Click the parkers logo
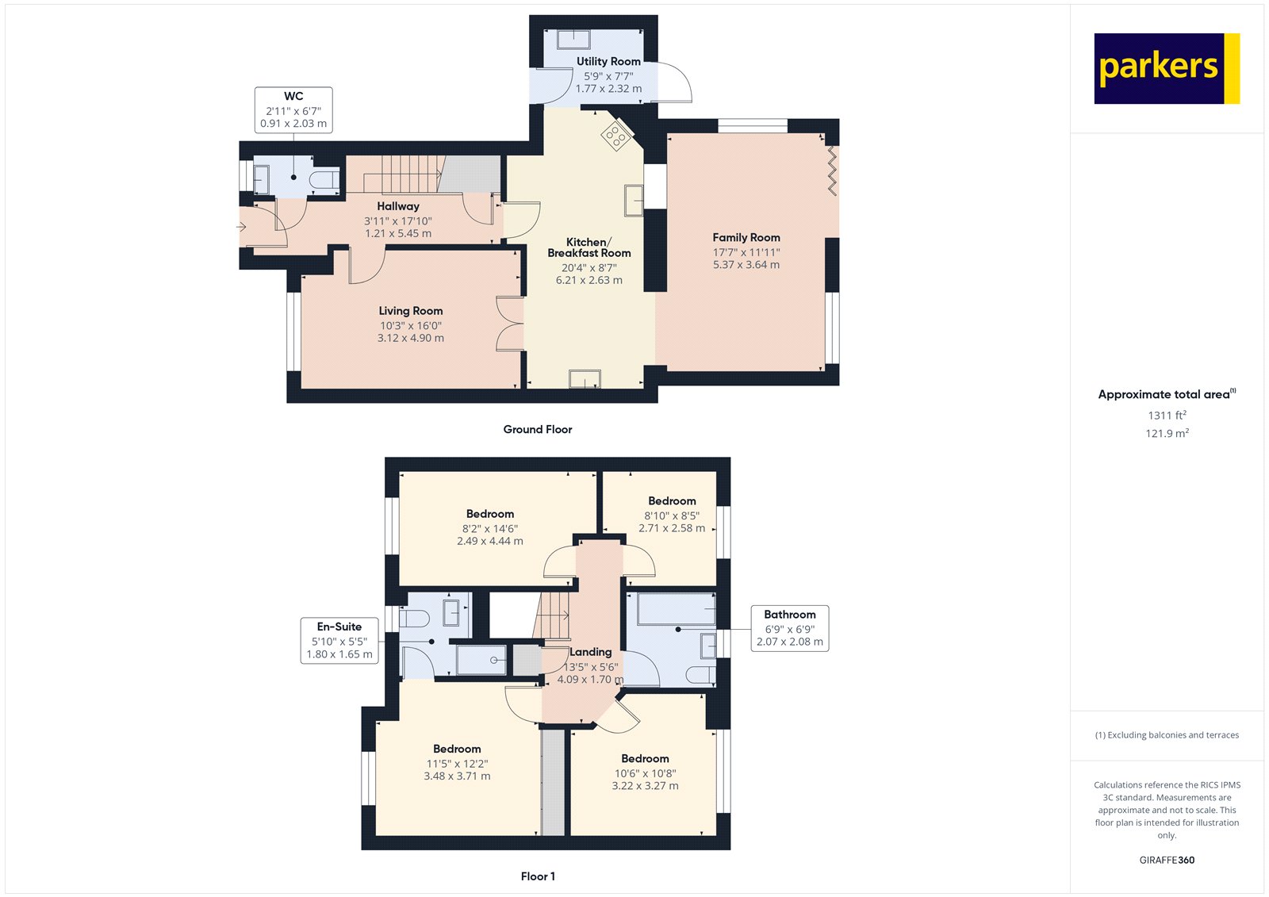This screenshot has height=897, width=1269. click(1167, 68)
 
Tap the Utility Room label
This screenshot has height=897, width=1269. click(608, 61)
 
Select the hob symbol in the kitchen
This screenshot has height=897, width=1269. click(615, 136)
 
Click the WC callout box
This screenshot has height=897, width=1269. click(293, 110)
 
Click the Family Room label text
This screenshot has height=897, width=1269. click(746, 237)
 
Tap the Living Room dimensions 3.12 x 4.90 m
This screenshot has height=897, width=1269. click(411, 338)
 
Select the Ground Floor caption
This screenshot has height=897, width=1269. click(538, 430)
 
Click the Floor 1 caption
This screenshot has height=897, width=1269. click(538, 876)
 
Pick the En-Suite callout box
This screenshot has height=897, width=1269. click(339, 640)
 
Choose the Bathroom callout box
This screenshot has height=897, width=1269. click(790, 628)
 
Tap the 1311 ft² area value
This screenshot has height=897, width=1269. click(1167, 416)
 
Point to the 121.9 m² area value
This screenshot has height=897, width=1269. click(1167, 434)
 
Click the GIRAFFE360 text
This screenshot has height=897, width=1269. click(1167, 861)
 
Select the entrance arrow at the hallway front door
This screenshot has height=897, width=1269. click(241, 228)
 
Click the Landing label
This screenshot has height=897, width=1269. click(590, 652)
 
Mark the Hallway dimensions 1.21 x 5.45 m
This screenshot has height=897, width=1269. click(398, 233)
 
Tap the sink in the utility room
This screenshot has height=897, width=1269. click(573, 40)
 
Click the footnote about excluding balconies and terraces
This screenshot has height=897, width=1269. click(1167, 735)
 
